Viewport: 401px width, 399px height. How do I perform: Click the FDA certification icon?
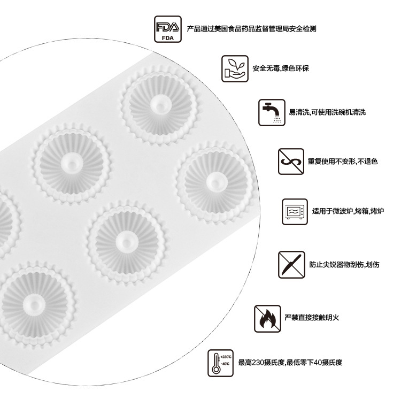(168, 29)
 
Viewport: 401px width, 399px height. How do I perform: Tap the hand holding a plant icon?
(235, 68)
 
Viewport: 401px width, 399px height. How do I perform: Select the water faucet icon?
(272, 112)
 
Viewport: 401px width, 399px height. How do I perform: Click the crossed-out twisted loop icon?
(291, 162)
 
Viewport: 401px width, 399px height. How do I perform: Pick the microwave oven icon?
(295, 212)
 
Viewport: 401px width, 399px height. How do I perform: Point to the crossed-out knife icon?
(291, 264)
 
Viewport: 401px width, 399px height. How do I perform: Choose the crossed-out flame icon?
(267, 319)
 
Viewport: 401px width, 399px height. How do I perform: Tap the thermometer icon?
(220, 363)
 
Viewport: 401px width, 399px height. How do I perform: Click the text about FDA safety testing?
(251, 29)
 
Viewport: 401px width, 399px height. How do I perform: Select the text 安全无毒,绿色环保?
(281, 68)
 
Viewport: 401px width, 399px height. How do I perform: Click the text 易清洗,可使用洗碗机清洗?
(327, 112)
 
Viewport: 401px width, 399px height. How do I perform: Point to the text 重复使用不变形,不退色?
(342, 162)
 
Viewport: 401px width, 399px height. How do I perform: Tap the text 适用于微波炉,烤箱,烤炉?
(348, 211)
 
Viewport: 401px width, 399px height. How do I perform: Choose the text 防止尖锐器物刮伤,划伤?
(344, 264)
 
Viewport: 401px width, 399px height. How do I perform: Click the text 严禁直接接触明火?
(312, 317)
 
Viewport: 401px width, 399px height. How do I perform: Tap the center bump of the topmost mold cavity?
(160, 105)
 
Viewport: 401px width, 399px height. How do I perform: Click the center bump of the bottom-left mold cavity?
(34, 305)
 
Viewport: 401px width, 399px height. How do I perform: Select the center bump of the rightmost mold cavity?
(217, 182)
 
